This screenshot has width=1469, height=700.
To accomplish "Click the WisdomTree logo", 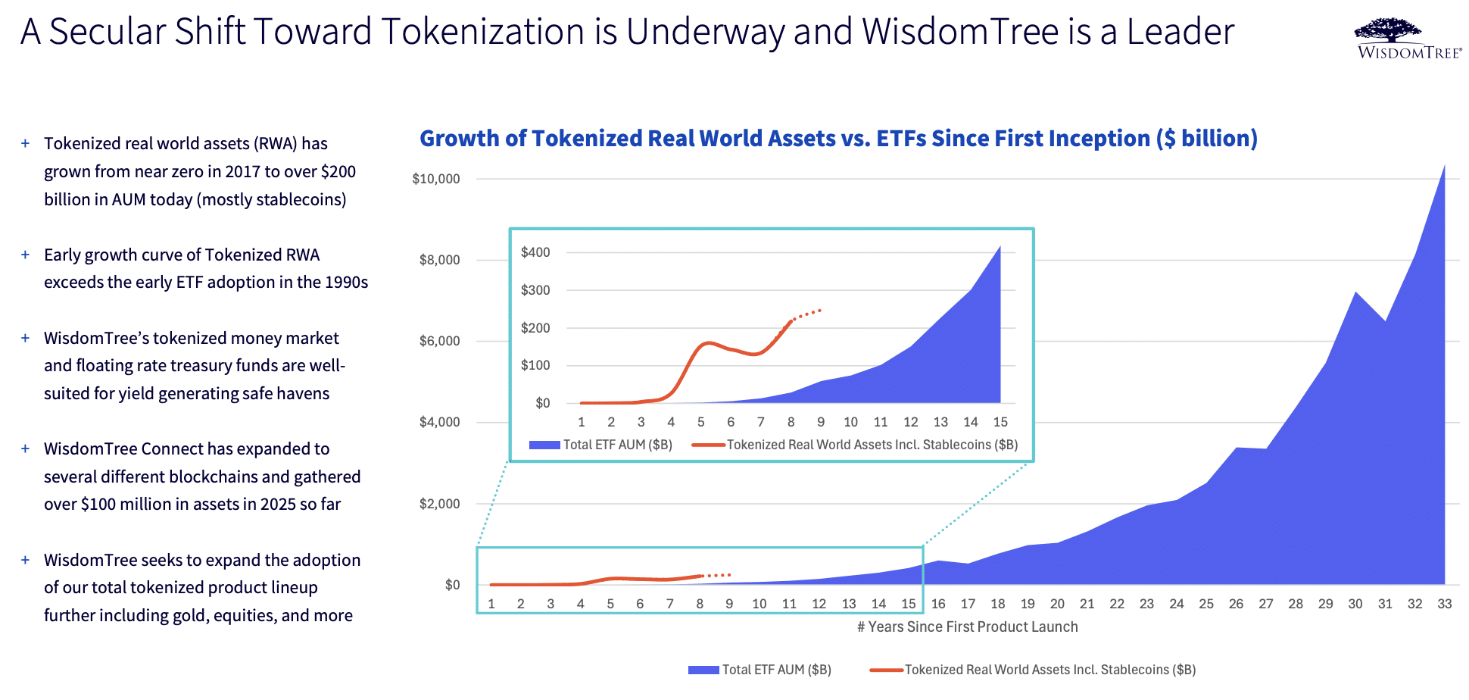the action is pos(1409,39).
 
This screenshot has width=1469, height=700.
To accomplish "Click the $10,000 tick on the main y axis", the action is pos(436,179).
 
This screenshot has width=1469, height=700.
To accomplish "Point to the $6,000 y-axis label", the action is pos(440,341).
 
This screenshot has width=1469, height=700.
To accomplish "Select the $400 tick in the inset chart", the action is pos(535,252).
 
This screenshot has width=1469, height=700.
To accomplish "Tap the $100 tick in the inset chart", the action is pos(535,365).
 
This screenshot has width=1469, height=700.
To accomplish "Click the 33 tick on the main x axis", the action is pos(1445,604).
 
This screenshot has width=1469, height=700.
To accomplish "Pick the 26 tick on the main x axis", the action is pos(1236,604).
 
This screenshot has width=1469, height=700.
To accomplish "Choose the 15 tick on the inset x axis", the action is pos(1000,422).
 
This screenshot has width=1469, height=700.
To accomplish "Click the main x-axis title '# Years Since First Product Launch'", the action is pos(968,627).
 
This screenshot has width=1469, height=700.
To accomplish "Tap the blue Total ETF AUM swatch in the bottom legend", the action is pos(703,670).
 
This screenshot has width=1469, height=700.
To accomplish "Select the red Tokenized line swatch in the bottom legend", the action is pos(886,670).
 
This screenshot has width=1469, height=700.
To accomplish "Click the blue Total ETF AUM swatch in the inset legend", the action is pos(544,445).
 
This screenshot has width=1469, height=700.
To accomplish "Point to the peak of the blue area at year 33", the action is pos(1444,165).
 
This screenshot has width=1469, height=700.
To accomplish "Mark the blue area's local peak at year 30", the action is pos(1355,292).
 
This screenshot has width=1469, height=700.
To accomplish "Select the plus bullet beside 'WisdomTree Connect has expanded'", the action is pos(25,448).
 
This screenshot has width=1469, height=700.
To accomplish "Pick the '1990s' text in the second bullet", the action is pos(346,282).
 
